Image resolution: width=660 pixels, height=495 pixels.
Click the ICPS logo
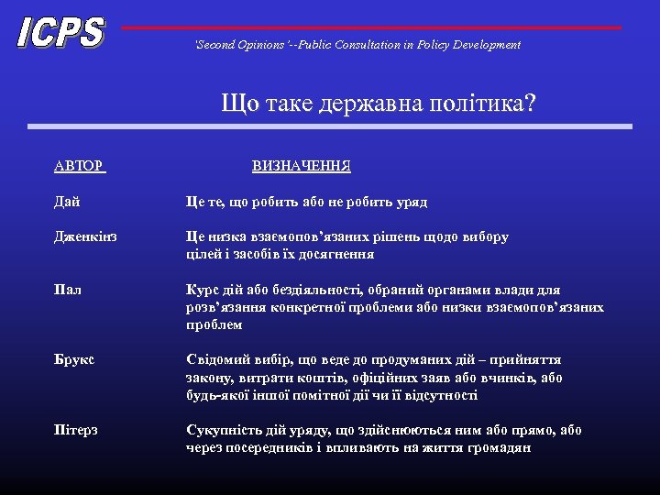tap(60, 33)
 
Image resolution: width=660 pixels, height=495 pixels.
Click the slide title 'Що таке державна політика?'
tap(378, 103)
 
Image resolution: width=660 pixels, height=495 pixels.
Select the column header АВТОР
tap(79, 166)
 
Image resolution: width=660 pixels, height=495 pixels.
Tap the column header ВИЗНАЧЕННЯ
tap(301, 166)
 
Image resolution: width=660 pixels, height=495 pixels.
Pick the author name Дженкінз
tap(85, 236)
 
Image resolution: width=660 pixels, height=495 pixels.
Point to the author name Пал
tap(67, 290)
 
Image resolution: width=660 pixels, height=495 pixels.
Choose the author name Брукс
tap(73, 360)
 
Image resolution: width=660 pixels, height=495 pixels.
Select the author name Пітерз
tap(76, 430)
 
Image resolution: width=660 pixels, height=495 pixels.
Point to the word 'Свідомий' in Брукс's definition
tap(216, 360)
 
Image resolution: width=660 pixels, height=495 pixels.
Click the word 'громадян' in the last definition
tap(500, 448)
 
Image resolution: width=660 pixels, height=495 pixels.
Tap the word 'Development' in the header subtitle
tap(487, 44)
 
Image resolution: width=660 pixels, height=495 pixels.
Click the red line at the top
tap(370, 27)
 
